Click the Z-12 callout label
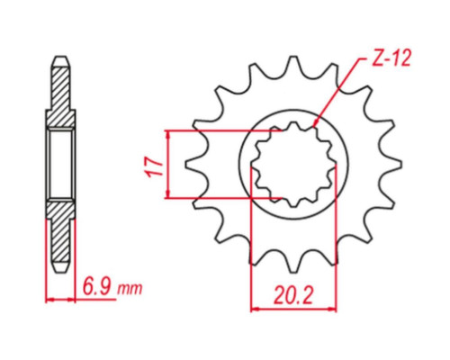391,58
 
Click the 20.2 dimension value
293,296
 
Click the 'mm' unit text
130,289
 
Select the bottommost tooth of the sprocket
293,267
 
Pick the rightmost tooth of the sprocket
396,164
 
